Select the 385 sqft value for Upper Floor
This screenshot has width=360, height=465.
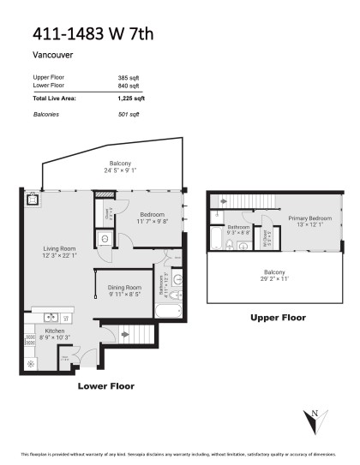tap(128, 78)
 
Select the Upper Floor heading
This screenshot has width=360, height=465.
tap(278, 318)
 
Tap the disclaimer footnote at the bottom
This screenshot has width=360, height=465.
tap(180, 454)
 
